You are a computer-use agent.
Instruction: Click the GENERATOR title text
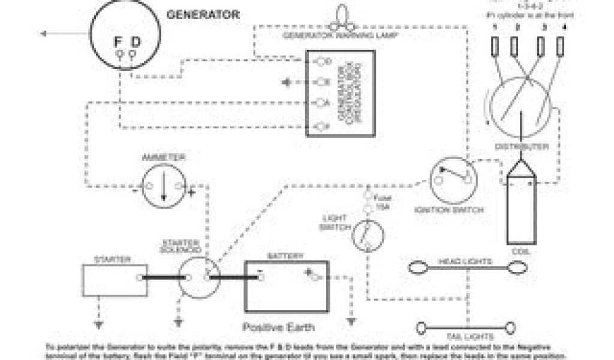203,14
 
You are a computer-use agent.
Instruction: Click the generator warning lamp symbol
343,18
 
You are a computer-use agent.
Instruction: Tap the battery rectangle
286,286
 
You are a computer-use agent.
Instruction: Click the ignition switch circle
453,180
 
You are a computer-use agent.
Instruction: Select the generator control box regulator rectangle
341,93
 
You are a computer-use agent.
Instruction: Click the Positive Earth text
278,328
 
